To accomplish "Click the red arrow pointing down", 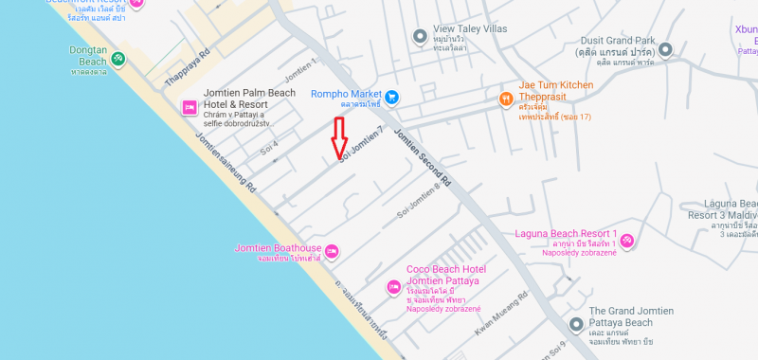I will (339, 140).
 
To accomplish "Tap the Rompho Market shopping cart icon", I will (390, 95).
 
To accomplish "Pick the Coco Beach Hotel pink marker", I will (393, 287).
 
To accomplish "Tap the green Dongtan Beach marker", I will (117, 59).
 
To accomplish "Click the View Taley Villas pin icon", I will (420, 36).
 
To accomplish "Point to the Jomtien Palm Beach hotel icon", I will (189, 108).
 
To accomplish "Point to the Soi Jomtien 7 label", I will (363, 143).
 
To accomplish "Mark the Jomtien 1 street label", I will (300, 68).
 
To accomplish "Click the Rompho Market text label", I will (346, 95).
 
